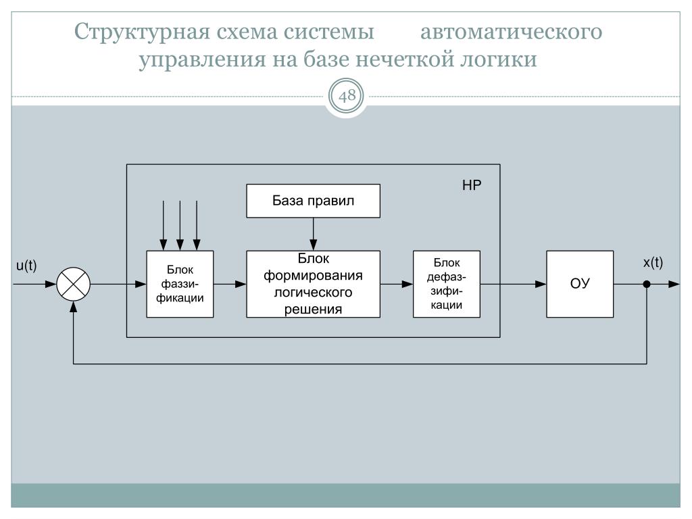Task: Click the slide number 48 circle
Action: [x=346, y=97]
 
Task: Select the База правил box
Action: [x=313, y=201]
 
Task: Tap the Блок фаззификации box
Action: [x=180, y=284]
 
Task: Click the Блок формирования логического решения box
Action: [x=312, y=284]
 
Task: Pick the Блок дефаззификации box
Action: [x=446, y=284]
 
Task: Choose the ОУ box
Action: [x=580, y=284]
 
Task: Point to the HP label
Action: [x=471, y=184]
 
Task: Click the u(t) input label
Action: [x=26, y=267]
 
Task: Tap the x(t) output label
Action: [x=653, y=264]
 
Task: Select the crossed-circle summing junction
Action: [x=73, y=285]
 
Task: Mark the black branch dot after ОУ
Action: [x=647, y=285]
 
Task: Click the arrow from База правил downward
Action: [x=313, y=234]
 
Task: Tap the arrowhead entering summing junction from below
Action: [x=73, y=306]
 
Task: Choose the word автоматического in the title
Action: [x=512, y=32]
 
